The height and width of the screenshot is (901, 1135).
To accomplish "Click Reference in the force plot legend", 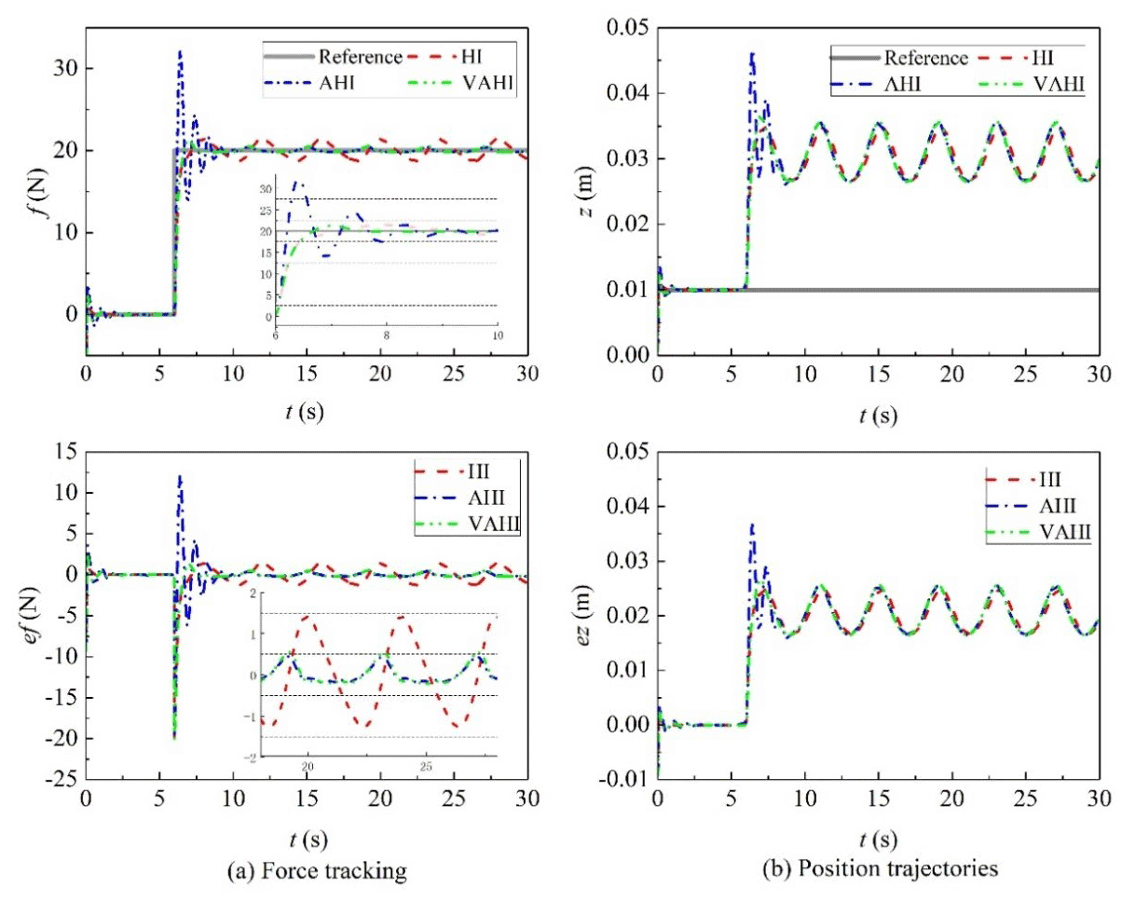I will coord(359,57).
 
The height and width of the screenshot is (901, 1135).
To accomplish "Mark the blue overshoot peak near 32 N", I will coord(180,52).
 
